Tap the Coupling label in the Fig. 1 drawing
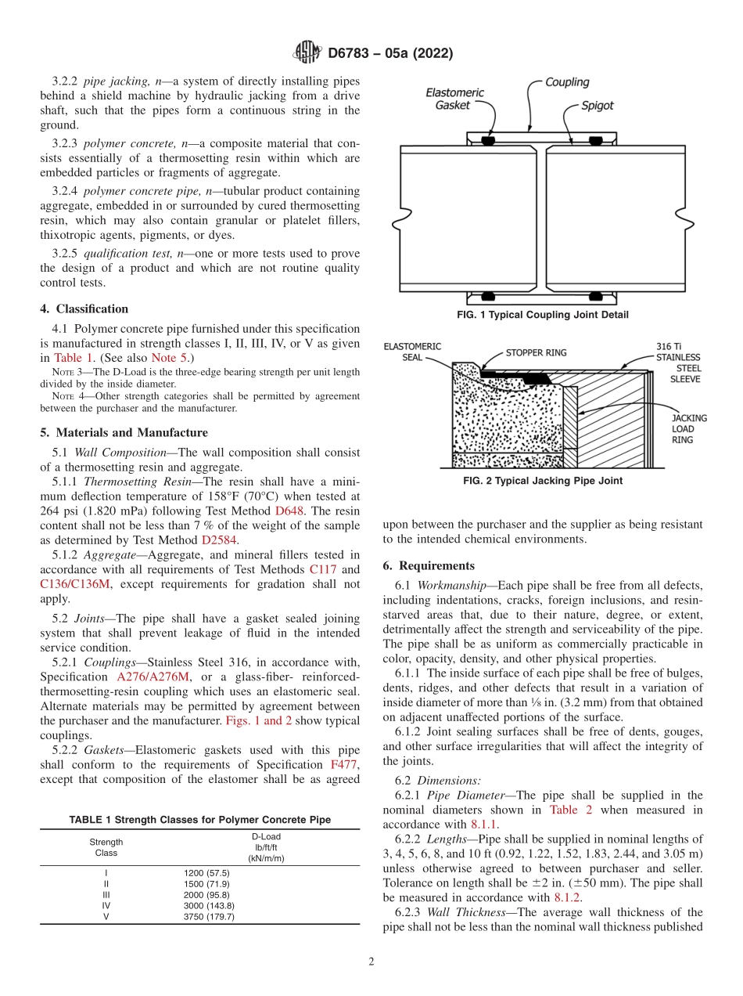pyautogui.click(x=567, y=82)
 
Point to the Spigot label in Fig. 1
pyautogui.click(x=597, y=104)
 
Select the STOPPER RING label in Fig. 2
pyautogui.click(x=536, y=352)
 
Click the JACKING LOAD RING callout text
pyautogui.click(x=688, y=428)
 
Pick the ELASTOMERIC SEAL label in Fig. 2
pyautogui.click(x=412, y=352)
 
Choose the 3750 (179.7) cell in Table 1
pyautogui.click(x=209, y=917)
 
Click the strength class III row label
pyautogui.click(x=106, y=894)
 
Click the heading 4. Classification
pyautogui.click(x=84, y=309)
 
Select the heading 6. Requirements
pyautogui.click(x=429, y=565)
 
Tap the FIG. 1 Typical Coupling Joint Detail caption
pyautogui.click(x=543, y=315)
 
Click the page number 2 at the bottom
pyautogui.click(x=371, y=962)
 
